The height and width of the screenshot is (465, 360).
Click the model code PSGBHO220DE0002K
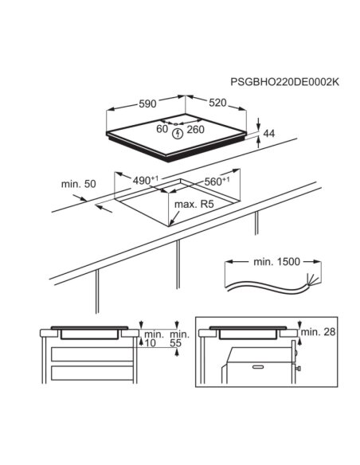tap(284, 82)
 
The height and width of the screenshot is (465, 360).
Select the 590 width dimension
tap(147, 104)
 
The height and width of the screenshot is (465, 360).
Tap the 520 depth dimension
tap(217, 103)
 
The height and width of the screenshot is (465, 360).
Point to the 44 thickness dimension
tap(268, 134)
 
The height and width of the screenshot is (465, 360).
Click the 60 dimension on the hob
tap(162, 129)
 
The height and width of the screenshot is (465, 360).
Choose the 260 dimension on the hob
tap(195, 129)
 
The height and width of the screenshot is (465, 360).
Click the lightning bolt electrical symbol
tap(178, 134)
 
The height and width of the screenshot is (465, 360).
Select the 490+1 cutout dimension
tap(145, 180)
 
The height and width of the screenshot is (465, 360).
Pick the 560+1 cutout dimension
tap(217, 181)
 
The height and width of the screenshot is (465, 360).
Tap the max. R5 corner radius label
tap(194, 205)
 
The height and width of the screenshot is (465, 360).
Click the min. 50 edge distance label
tap(79, 184)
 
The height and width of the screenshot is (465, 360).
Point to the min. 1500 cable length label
tap(276, 261)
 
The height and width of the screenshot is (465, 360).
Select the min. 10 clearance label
tap(154, 339)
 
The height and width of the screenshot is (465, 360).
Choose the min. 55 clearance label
tap(179, 339)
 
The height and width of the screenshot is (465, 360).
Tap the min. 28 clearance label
tap(318, 332)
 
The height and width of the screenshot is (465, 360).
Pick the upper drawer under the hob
tap(92, 354)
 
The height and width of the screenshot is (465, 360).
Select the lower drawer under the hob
tap(92, 373)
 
